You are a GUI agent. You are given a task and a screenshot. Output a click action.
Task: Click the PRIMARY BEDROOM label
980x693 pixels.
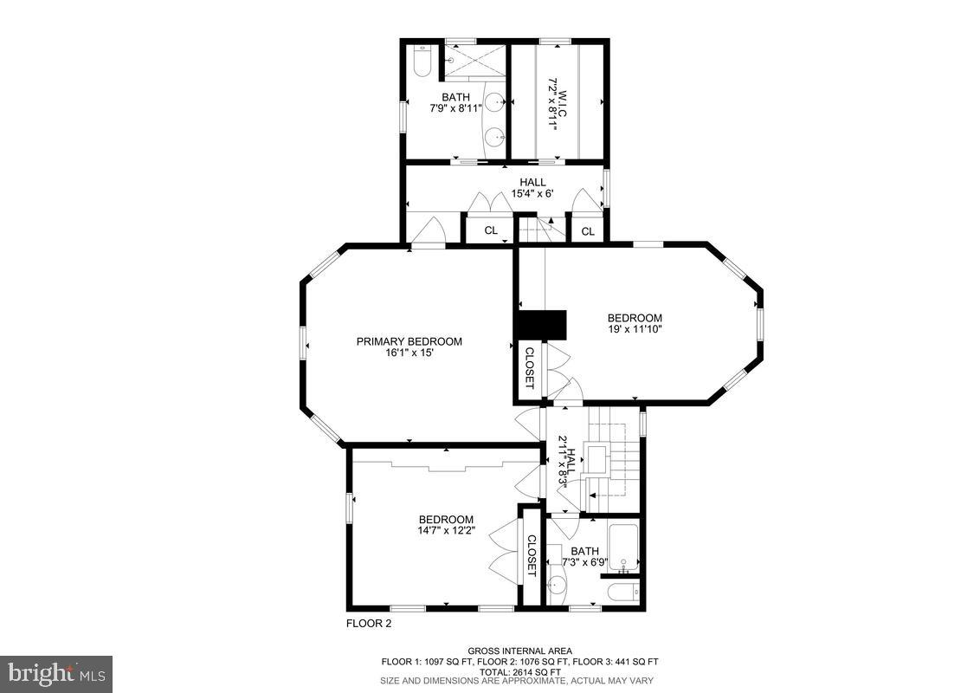pos(409,341)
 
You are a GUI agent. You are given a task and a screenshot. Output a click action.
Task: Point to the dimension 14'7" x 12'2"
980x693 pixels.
pos(447,531)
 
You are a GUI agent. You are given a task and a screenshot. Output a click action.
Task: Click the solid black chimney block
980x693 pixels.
pos(540,326)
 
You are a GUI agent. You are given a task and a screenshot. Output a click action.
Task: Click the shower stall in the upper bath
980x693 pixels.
pos(474,60)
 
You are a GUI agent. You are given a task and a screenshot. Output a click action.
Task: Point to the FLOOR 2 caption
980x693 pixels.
pos(369,623)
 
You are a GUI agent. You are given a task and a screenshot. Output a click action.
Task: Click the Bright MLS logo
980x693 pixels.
pos(56,673)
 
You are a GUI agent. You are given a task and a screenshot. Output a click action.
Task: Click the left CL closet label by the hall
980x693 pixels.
pos(491,230)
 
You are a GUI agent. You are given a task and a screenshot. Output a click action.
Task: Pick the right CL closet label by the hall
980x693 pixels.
pos(588,231)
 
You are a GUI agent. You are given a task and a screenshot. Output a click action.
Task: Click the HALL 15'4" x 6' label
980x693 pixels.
pos(532,187)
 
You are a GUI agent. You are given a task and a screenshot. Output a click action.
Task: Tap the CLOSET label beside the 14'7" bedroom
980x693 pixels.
pos(531,554)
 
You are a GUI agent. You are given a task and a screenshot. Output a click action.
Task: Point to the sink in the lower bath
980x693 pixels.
pos(557,585)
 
